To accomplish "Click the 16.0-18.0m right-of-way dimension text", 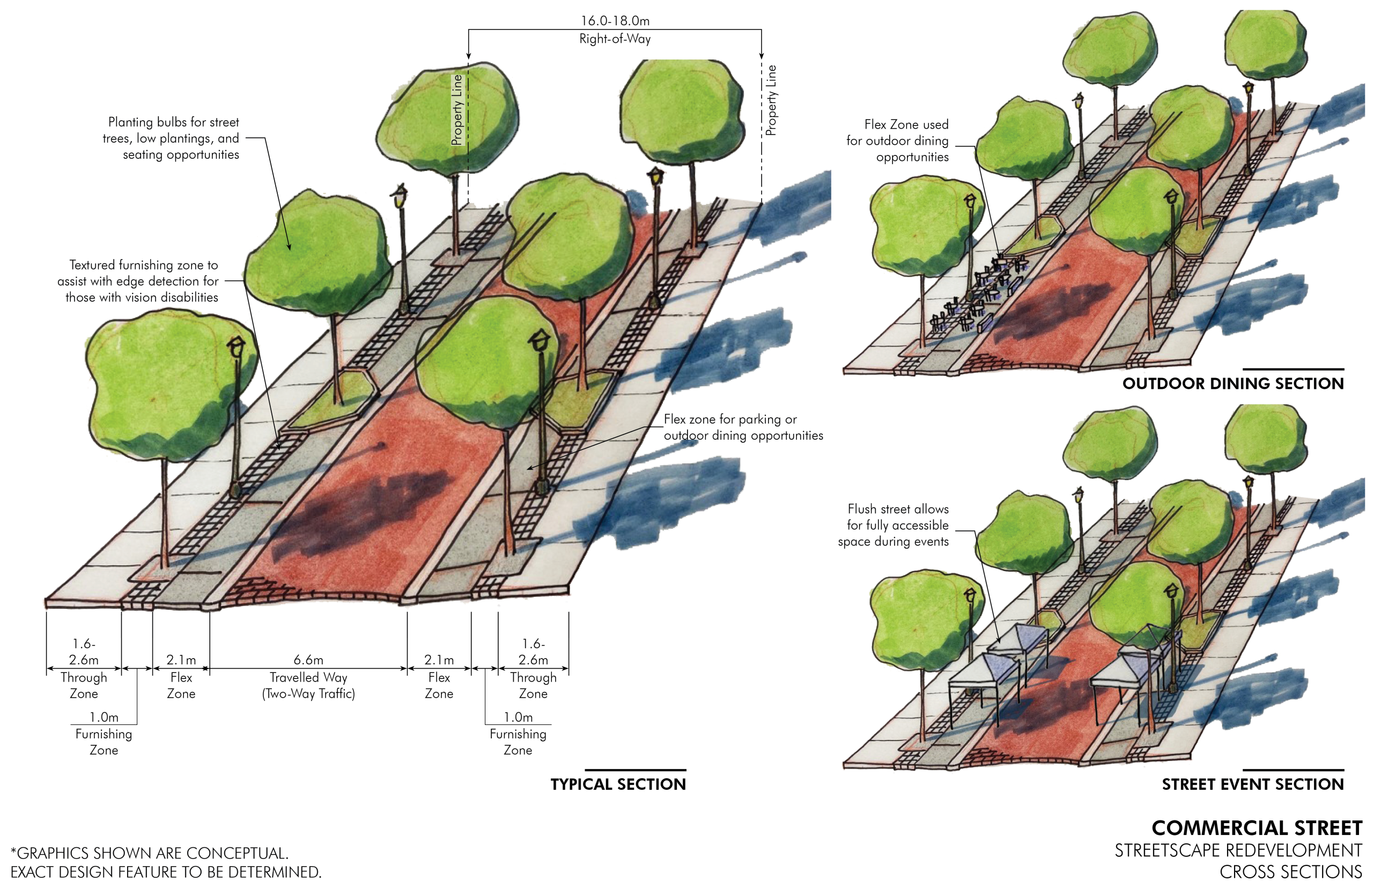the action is click(615, 21).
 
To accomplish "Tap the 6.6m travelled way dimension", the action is click(308, 659).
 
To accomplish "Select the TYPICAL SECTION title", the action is click(618, 784).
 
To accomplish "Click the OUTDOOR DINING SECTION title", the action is click(1233, 383).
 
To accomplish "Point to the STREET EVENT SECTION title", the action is click(1252, 784).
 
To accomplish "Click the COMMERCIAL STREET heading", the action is click(1257, 828).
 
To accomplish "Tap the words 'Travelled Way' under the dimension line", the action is click(308, 678).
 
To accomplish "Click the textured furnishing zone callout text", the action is click(138, 281).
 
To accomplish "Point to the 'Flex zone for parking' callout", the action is click(743, 427).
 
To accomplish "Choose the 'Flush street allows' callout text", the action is click(893, 526).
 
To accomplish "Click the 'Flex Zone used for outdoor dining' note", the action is click(897, 140).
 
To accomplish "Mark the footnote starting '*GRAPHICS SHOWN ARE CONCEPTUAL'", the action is click(166, 863).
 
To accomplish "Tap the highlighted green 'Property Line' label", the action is click(457, 109).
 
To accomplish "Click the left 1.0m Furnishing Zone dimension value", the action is click(104, 717).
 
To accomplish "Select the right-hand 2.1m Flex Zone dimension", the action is click(439, 659).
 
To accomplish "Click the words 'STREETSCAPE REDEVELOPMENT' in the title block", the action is click(1238, 851).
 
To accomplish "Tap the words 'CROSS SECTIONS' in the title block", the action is click(1290, 872).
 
